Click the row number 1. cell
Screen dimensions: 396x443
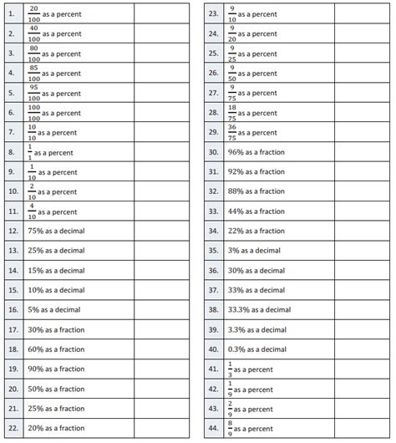click(12, 14)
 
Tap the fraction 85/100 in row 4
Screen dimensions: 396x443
click(34, 74)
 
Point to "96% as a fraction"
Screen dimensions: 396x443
click(257, 152)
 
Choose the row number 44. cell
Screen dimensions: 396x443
click(213, 429)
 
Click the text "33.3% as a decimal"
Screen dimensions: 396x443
click(260, 310)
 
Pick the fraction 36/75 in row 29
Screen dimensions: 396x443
click(232, 132)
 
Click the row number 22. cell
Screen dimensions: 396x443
click(13, 429)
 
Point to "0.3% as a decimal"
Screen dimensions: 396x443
click(258, 349)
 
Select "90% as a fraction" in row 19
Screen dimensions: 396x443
click(57, 369)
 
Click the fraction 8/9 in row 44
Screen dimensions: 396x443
click(231, 429)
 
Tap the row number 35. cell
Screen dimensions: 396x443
click(213, 251)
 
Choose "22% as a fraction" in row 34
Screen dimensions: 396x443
click(257, 231)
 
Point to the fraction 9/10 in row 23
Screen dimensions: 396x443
click(232, 14)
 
